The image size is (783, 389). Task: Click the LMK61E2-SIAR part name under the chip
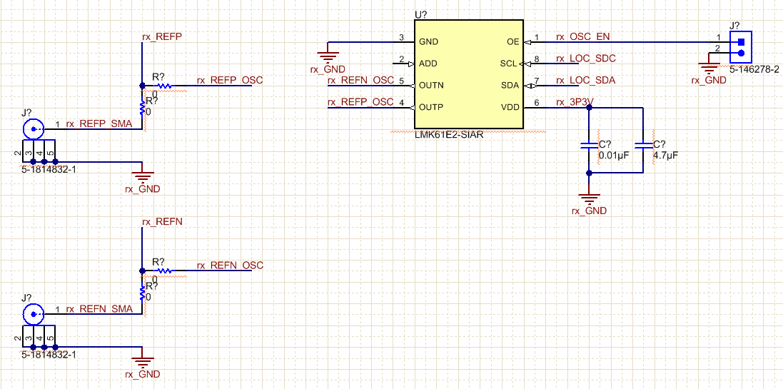449,135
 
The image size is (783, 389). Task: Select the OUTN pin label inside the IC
431,86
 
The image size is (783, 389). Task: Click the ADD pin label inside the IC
428,64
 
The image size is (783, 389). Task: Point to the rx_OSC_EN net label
583,37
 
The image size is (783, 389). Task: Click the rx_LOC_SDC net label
585,59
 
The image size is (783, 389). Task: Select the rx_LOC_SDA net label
585,81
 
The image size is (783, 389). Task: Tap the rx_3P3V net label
574,102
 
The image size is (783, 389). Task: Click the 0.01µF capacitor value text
615,155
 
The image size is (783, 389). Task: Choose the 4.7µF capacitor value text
665,155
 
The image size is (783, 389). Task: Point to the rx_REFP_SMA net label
99,123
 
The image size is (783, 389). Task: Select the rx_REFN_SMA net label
99,309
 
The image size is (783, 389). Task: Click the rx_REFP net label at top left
163,36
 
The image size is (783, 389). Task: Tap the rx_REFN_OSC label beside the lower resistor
230,266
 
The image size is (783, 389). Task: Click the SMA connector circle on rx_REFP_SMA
32,129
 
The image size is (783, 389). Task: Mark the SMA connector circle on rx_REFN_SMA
32,314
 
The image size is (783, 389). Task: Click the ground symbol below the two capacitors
589,198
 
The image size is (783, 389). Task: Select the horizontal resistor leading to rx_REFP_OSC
165,86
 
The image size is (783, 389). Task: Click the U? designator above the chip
420,14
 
